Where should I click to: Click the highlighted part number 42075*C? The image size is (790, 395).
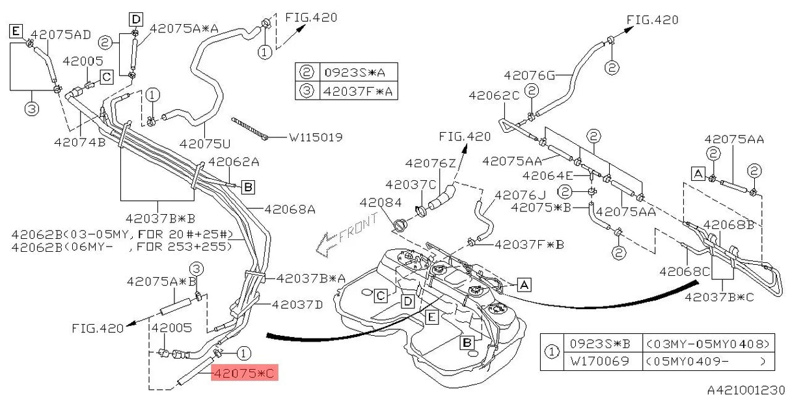point(245,373)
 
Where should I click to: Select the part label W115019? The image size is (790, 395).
point(315,137)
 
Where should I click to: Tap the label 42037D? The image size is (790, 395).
point(297,304)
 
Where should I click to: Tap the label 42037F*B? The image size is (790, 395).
point(529,245)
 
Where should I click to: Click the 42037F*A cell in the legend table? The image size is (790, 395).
point(358,91)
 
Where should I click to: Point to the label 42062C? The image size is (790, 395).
point(494,96)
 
